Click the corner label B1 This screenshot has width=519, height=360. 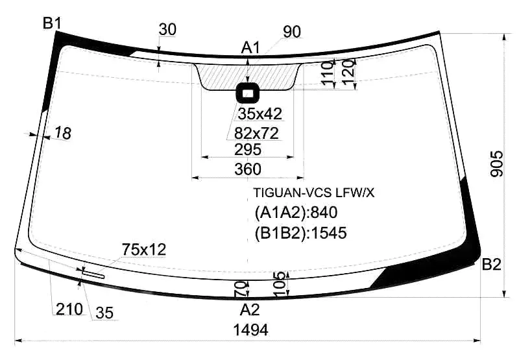pyautogui.click(x=52, y=23)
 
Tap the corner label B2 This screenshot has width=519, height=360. pyautogui.click(x=491, y=265)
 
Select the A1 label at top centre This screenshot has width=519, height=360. pyautogui.click(x=250, y=48)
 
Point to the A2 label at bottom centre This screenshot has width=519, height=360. pyautogui.click(x=250, y=310)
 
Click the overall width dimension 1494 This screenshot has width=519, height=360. pyautogui.click(x=250, y=330)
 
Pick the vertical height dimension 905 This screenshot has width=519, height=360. pyautogui.click(x=496, y=164)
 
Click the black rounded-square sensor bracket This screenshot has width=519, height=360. pyautogui.click(x=248, y=93)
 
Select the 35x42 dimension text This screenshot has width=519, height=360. pyautogui.click(x=260, y=114)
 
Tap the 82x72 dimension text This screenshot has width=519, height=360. pyautogui.click(x=256, y=134)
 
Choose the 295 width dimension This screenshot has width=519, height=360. pyautogui.click(x=248, y=150)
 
